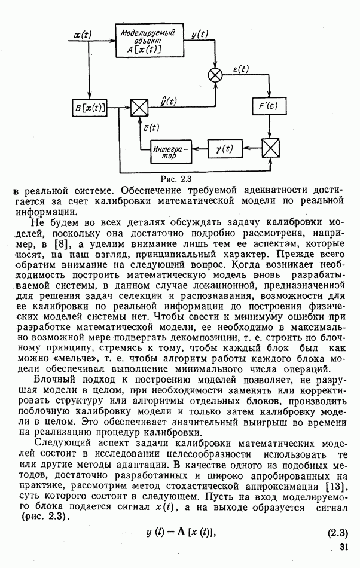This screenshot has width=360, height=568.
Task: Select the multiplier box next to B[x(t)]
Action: click(x=139, y=108)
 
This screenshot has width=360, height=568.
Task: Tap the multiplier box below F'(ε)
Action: click(x=271, y=146)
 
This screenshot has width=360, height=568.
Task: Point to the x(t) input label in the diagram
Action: click(x=82, y=35)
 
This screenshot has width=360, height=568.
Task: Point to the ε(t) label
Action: click(x=240, y=69)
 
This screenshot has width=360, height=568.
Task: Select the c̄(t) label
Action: click(x=150, y=127)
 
